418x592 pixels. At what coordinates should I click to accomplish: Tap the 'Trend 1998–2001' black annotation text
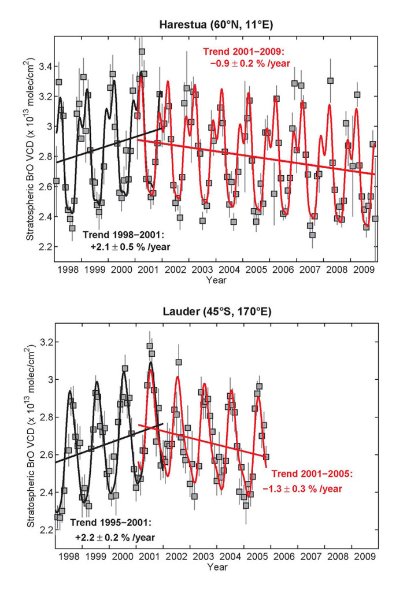[x=127, y=240]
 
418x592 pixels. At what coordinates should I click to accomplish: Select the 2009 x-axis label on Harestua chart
[x=364, y=270]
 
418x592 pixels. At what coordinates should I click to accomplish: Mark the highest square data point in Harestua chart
[x=142, y=51]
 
